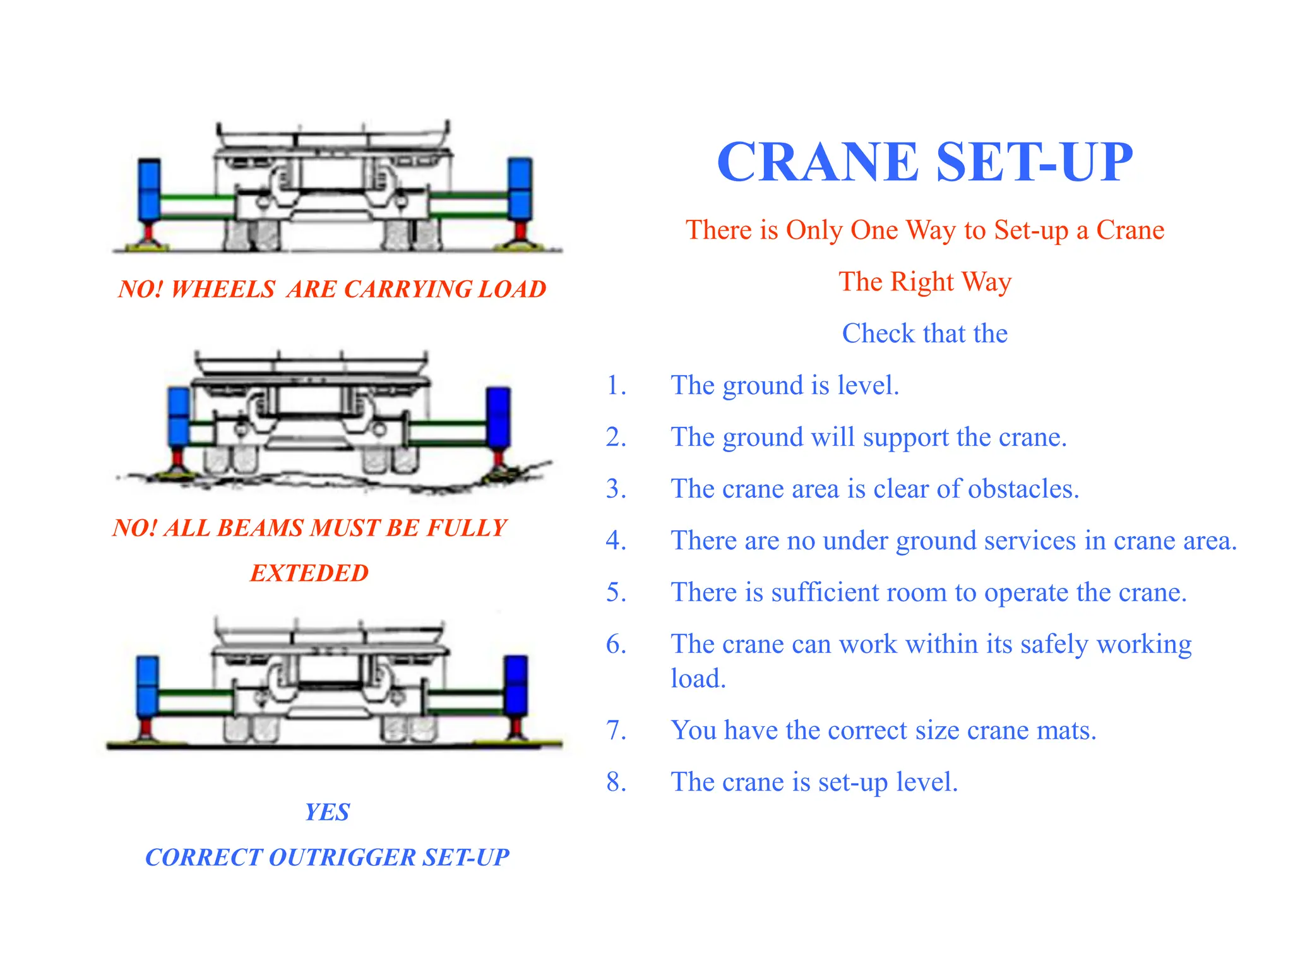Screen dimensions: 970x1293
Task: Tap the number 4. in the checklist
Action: point(616,541)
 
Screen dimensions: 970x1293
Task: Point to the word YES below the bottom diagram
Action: point(327,812)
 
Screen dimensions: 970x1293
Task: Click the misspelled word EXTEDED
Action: point(309,573)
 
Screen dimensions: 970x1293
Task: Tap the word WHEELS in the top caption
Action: point(223,289)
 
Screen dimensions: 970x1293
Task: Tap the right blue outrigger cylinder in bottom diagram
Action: point(516,686)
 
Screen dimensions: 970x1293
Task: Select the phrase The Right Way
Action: point(925,282)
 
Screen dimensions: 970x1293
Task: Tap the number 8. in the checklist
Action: point(616,782)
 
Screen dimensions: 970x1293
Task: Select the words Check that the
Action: point(925,333)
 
